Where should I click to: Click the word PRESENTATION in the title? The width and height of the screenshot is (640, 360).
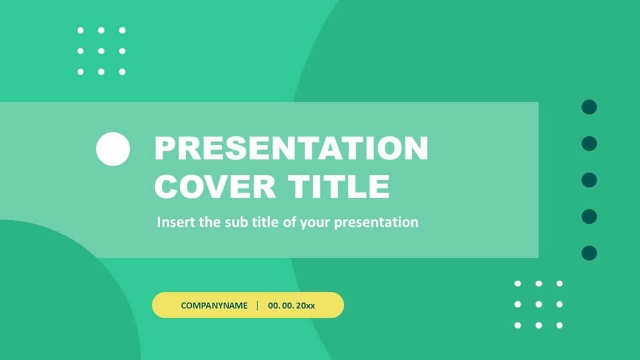point(291,149)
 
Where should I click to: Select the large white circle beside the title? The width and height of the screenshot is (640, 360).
point(113,149)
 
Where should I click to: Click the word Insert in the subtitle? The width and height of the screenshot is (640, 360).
point(176,222)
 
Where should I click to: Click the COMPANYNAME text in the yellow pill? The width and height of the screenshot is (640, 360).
point(214,306)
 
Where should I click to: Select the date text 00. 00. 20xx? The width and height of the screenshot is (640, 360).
point(291,306)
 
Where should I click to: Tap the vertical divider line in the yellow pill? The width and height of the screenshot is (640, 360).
point(257,306)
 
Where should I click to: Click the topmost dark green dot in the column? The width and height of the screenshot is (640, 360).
point(589,107)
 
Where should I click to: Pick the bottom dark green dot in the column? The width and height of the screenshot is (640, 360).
point(589,253)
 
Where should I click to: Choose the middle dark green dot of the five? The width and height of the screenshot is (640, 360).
point(589,180)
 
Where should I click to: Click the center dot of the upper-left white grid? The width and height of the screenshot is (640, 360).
point(101,51)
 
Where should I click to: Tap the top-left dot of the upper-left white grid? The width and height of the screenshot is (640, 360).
point(81,30)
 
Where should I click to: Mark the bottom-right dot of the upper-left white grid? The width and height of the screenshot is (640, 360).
point(122,71)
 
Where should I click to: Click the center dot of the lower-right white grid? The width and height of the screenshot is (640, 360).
point(538,304)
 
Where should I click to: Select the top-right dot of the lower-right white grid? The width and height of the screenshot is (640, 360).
point(559,284)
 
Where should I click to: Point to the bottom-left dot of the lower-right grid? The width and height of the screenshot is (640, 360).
point(517,325)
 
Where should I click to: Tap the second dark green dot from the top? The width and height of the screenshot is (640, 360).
point(589,144)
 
